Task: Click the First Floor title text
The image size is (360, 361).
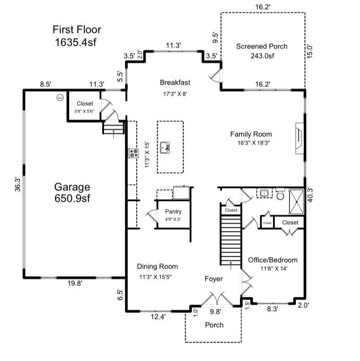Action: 76,36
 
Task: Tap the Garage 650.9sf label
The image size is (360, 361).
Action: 72,193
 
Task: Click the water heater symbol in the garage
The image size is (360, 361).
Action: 59,97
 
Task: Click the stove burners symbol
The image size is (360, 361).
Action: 133,153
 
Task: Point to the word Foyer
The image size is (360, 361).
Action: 213,278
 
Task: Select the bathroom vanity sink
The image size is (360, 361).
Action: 264,193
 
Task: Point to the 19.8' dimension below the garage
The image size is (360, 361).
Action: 75,284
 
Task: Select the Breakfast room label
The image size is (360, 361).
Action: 175,82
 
